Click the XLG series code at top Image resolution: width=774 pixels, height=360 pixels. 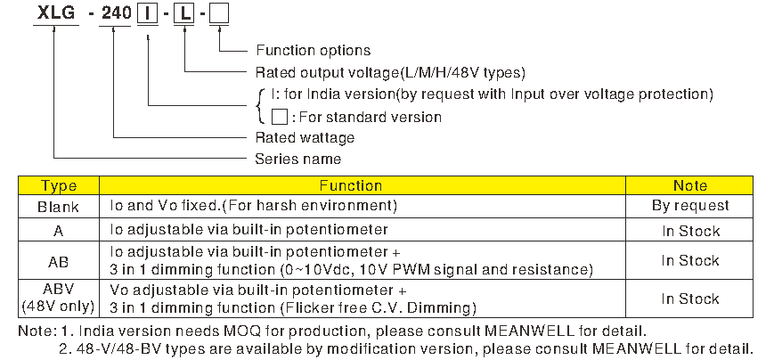pos(56,12)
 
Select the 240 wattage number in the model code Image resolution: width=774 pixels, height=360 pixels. pos(117,12)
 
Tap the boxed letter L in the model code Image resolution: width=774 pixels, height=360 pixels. pos(184,14)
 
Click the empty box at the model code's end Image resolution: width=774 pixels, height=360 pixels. pos(219,14)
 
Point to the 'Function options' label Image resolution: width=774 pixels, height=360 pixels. pos(313,51)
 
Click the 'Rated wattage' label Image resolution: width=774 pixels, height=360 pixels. pos(305,137)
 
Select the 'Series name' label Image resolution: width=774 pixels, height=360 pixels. pos(297,159)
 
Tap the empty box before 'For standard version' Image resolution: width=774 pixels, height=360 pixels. pos(280,117)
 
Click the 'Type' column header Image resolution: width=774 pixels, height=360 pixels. pos(59,185)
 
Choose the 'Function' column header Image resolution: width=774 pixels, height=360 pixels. pos(350,185)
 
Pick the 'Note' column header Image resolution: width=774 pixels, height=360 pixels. pos(690,185)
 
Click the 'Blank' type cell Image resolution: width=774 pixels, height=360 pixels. pos(58,207)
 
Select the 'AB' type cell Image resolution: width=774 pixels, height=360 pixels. pos(58,262)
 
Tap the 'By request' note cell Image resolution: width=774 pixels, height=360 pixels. pos(690,206)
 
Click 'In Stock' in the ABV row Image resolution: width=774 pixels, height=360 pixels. pos(690,299)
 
